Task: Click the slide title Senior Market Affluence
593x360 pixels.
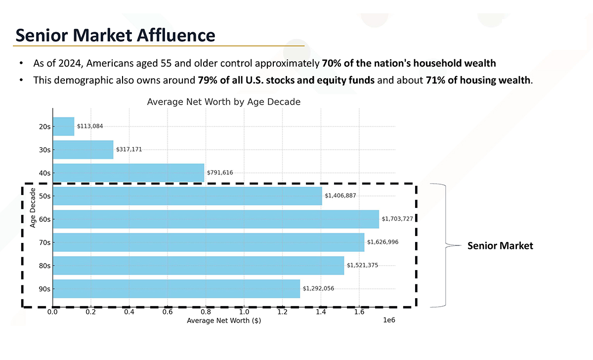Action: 115,35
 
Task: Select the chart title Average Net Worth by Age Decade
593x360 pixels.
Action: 223,102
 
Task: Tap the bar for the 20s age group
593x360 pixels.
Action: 63,126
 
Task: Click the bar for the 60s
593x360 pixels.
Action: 215,219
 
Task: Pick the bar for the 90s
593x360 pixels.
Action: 176,288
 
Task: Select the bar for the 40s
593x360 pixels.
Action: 128,173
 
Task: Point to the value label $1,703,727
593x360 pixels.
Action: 397,219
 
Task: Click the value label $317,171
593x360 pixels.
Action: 129,149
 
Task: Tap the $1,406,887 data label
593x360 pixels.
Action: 340,196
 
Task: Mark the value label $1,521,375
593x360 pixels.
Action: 362,265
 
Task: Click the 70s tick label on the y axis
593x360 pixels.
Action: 44,242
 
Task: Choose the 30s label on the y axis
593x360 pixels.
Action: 44,150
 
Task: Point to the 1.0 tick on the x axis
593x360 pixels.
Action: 244,312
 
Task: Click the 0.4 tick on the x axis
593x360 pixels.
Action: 129,312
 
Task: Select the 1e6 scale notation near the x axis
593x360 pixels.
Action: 389,320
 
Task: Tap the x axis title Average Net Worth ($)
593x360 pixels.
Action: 223,321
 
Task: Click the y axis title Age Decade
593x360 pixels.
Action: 33,207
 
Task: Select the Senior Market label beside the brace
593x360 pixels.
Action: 500,246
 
